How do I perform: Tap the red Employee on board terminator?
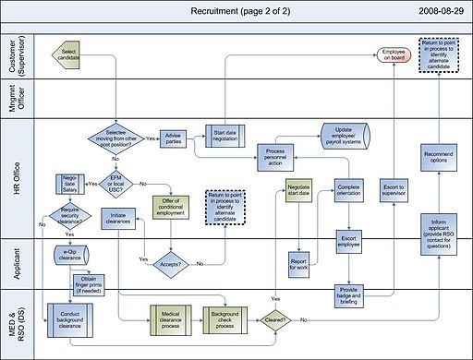point(394,54)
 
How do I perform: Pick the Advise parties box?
point(175,139)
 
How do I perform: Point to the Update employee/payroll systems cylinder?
point(346,135)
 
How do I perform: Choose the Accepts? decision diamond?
point(170,263)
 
